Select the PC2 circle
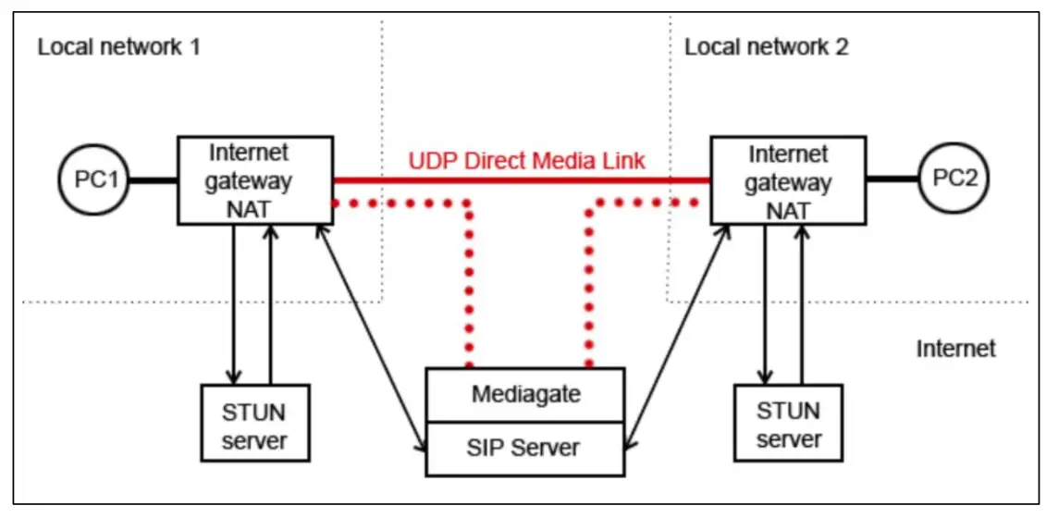click(x=954, y=180)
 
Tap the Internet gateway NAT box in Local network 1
click(x=254, y=180)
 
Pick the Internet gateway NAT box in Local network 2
click(x=789, y=180)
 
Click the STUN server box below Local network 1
click(x=255, y=423)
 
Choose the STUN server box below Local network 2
click(x=788, y=423)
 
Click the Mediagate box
click(x=525, y=394)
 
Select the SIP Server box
click(x=525, y=448)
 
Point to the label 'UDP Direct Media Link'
click(x=526, y=161)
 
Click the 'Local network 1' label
click(x=118, y=47)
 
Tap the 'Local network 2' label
click(x=766, y=47)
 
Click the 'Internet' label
click(x=955, y=349)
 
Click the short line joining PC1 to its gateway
click(x=153, y=180)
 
